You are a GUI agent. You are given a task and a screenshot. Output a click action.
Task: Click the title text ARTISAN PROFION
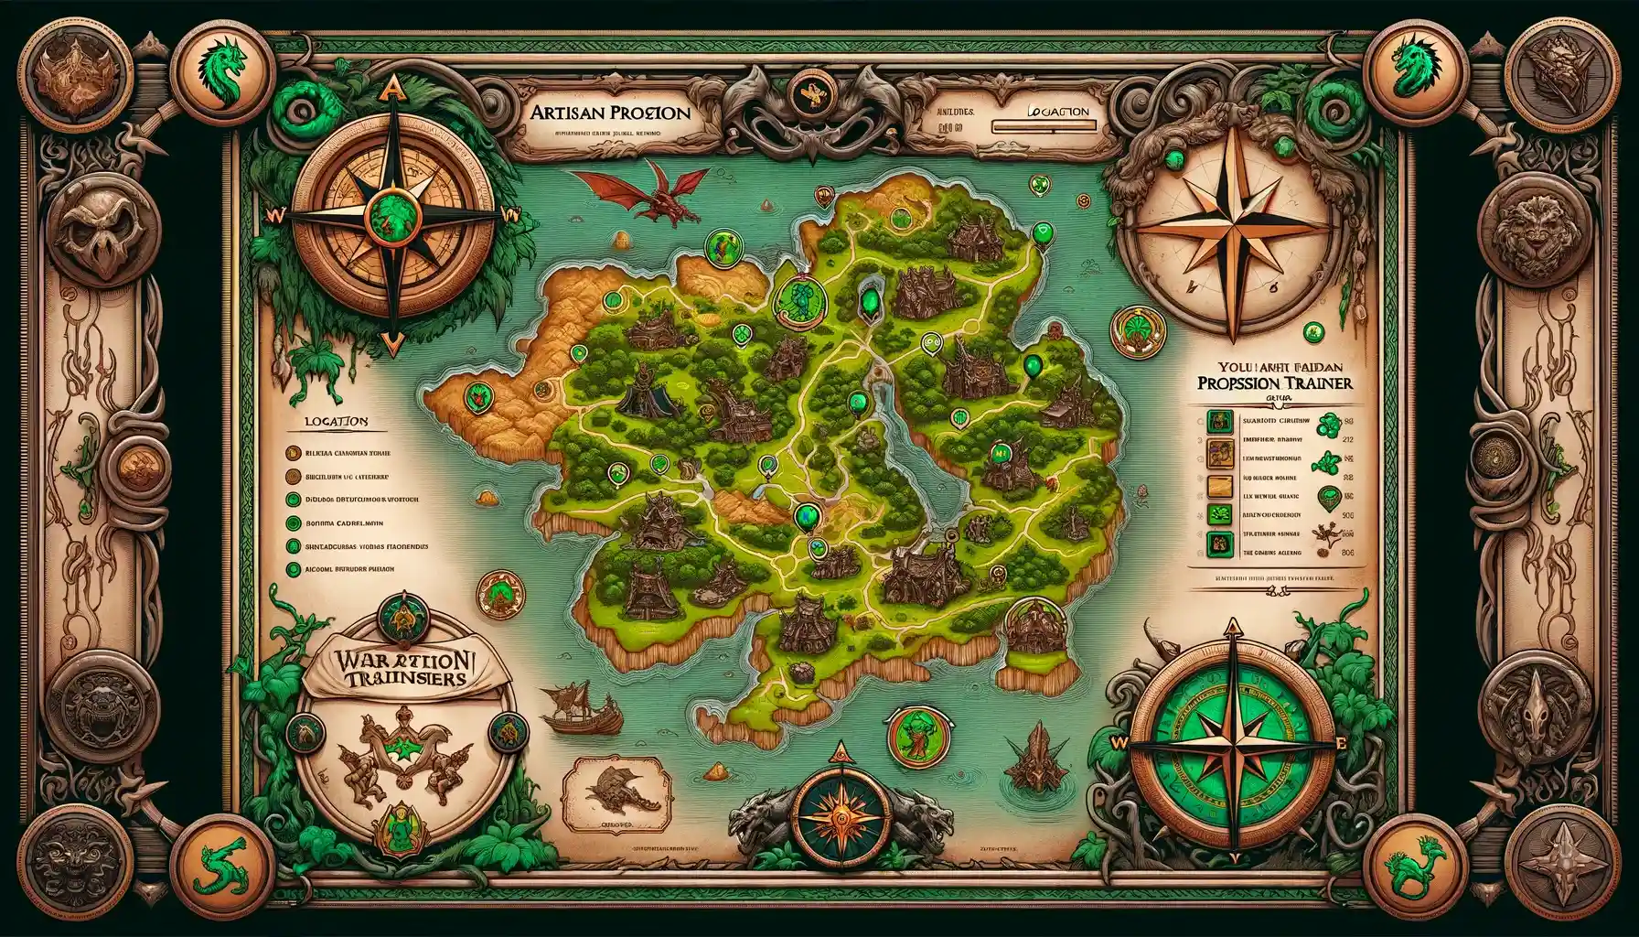[x=609, y=113]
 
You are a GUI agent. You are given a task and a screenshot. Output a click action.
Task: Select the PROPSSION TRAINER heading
[x=1274, y=382]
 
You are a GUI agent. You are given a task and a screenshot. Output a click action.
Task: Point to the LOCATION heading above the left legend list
[x=334, y=422]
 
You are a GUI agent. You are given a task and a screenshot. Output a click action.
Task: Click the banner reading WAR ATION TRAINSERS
[x=401, y=669]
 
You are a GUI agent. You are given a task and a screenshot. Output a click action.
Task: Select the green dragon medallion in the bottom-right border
[x=1414, y=865]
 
